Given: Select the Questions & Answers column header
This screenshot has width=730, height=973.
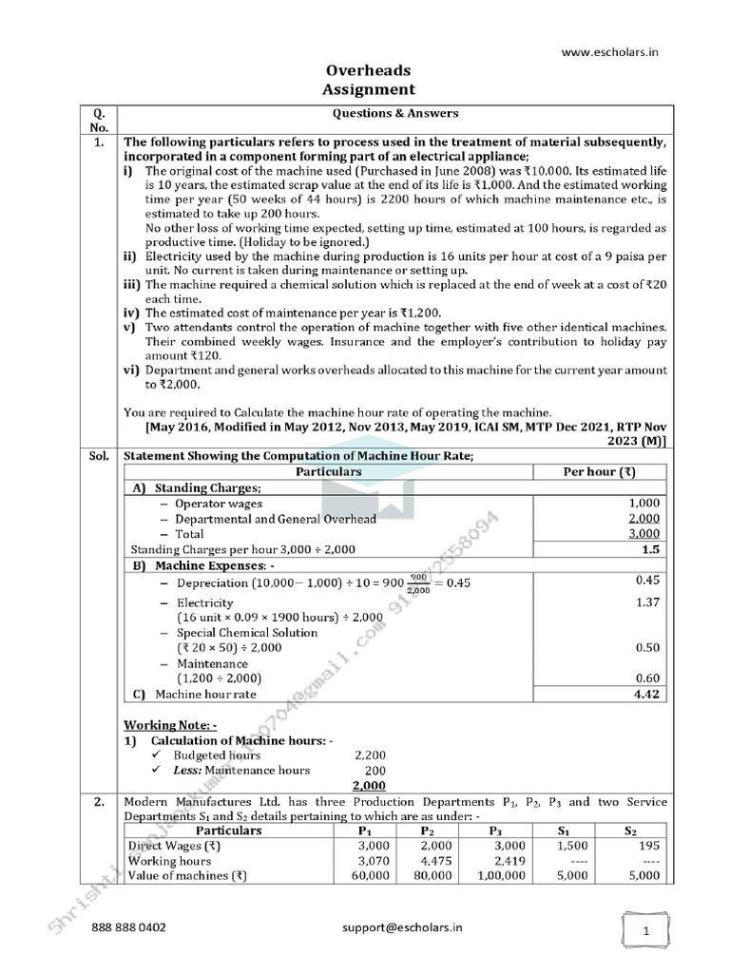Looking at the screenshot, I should (394, 113).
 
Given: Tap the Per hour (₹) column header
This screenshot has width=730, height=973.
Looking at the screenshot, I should (601, 471).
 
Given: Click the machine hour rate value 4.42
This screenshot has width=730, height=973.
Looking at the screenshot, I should (647, 694).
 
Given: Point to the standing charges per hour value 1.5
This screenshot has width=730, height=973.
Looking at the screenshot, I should (651, 549).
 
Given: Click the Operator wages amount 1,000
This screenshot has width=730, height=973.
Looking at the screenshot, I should (644, 503).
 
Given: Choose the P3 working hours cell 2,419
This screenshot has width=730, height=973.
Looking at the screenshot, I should (499, 861).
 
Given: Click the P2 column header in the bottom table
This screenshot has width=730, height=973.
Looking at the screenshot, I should (426, 830).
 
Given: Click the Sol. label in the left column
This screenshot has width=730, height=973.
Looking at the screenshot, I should (100, 456).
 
